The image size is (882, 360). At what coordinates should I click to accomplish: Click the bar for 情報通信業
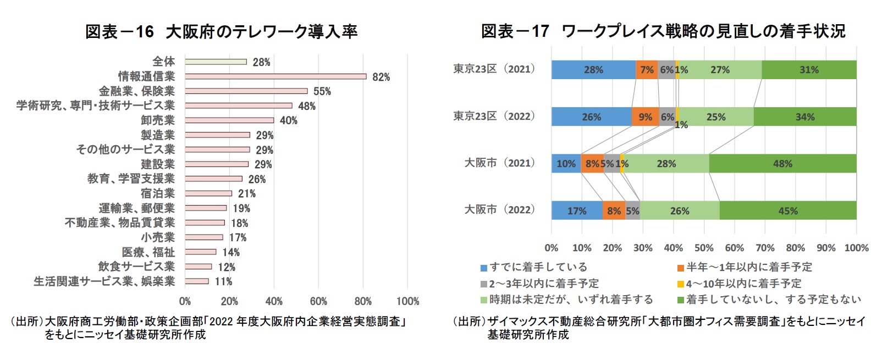coord(275,76)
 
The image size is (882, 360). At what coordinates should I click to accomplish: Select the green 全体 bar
coord(216,62)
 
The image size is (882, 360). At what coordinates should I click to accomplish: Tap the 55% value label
coord(322,91)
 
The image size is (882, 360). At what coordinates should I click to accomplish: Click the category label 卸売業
coord(158,120)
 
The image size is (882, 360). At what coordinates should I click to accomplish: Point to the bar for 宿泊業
coord(208,193)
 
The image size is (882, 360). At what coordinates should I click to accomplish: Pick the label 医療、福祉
coord(148,252)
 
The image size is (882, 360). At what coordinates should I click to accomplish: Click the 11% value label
coord(223,282)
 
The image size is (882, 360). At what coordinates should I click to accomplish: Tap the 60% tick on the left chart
coord(318,301)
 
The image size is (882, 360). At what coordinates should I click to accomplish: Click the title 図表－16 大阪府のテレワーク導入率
coord(221,31)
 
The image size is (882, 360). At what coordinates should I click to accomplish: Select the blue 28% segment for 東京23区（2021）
coord(593,70)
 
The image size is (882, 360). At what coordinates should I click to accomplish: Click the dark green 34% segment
coord(804,117)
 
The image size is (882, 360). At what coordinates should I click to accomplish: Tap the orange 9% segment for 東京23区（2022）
coord(645,117)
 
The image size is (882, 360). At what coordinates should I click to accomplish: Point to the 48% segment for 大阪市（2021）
coord(782,164)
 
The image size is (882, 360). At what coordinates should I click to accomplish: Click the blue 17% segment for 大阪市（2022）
coord(577,211)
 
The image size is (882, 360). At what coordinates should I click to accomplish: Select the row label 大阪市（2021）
coord(499,163)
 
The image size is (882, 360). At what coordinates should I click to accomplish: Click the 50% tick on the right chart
coord(704,248)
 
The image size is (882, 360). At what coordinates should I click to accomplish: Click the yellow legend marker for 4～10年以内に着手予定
coord(681,284)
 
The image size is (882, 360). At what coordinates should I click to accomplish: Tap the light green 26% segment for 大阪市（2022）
coord(679,211)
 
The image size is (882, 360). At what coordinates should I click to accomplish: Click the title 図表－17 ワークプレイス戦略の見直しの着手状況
coord(663,31)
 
